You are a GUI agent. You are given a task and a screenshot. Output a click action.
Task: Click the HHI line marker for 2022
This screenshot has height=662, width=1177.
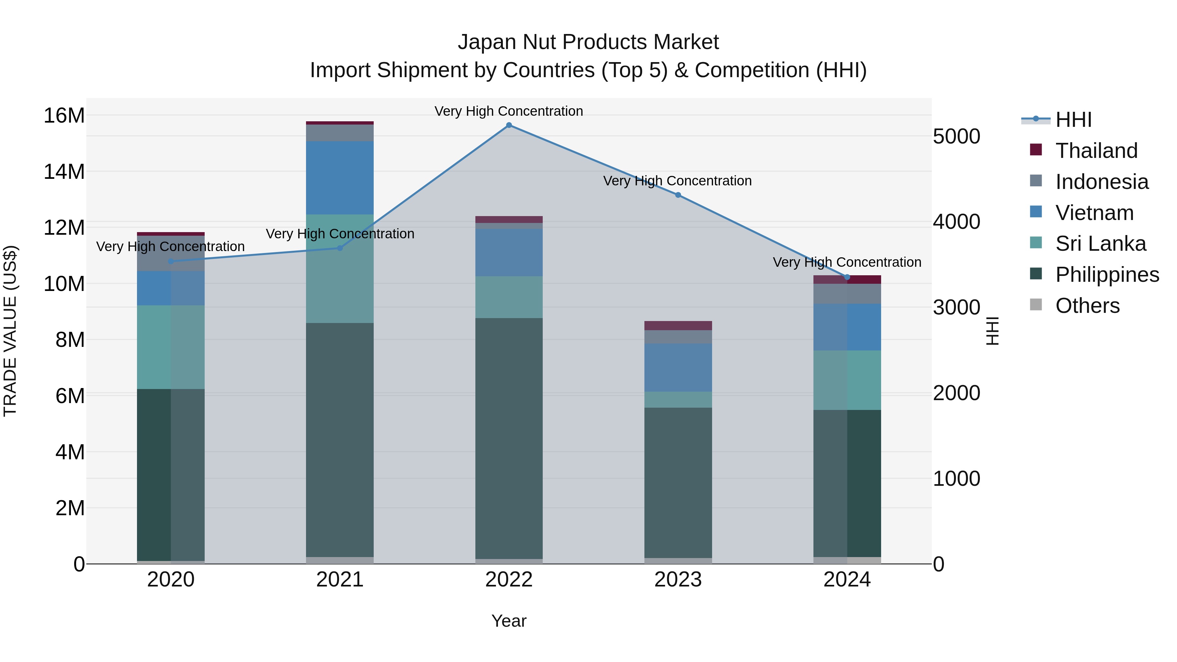pos(509,125)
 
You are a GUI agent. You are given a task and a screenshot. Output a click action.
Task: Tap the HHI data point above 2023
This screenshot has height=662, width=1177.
pos(678,195)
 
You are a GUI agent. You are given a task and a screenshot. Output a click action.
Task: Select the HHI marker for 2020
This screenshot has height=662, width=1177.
pos(171,261)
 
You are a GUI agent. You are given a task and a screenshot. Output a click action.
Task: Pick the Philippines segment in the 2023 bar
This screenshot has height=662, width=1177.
pos(678,482)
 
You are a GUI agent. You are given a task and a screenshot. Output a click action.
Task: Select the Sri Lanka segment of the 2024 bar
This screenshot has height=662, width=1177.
pos(847,380)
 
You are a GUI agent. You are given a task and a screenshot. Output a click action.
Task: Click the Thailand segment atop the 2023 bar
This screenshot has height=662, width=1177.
pos(678,325)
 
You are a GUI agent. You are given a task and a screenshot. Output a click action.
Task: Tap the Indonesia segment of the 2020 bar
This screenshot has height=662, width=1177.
pos(171,254)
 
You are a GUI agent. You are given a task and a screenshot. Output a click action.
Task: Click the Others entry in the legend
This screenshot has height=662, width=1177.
pos(1087,306)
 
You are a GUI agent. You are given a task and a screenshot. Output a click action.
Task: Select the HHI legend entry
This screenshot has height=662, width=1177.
pos(1073,120)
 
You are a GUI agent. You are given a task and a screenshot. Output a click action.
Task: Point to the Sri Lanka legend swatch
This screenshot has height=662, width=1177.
pos(1036,243)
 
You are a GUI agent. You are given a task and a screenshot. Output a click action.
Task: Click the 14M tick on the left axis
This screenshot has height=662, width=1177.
pos(64,172)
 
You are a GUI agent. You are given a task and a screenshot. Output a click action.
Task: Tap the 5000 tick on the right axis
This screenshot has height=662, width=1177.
pos(956,137)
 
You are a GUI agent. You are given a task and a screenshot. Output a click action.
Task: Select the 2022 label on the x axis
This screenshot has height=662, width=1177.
pos(509,580)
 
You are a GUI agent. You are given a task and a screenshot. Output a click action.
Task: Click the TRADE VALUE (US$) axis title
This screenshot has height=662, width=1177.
pos(10,331)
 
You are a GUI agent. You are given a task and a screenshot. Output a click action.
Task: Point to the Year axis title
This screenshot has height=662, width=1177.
pos(509,621)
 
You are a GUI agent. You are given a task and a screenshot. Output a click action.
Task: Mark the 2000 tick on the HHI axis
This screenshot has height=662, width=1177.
pos(956,393)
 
